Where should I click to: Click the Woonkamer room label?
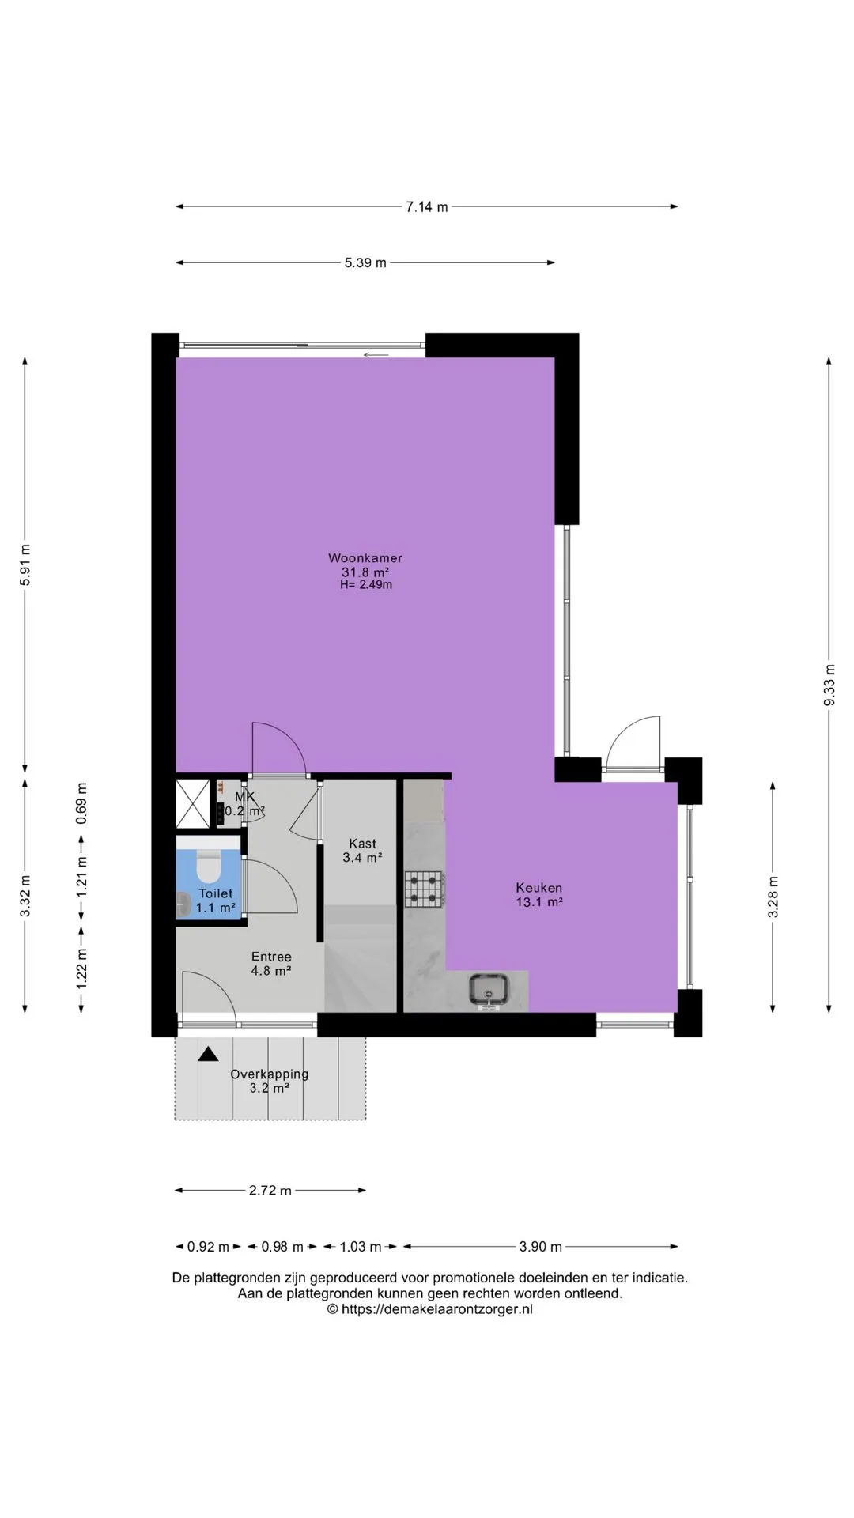[365, 558]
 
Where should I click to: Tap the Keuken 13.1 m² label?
[539, 894]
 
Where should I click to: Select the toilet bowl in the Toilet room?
[209, 867]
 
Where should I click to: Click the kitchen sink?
[488, 989]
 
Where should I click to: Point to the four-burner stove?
[425, 889]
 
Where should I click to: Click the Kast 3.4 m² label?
[363, 850]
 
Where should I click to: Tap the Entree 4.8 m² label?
[271, 964]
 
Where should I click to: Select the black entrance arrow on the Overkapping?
[208, 1054]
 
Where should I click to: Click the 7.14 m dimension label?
[427, 207]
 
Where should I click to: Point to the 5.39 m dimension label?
[365, 262]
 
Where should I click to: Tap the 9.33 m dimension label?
[829, 685]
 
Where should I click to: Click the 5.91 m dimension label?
[25, 565]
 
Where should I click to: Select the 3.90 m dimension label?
[541, 1247]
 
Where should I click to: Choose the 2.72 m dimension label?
[270, 1190]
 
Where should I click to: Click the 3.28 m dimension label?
[773, 897]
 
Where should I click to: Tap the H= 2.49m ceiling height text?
[366, 585]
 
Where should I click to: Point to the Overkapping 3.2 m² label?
[270, 1081]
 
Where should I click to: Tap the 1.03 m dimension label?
[361, 1247]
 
